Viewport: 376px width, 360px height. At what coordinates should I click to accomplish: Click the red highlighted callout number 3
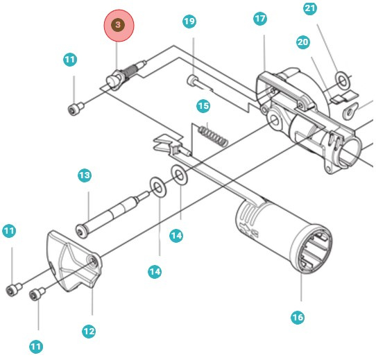[118, 25]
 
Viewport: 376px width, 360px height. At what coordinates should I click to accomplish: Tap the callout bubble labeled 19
[189, 22]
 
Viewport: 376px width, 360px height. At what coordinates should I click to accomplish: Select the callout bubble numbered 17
[260, 19]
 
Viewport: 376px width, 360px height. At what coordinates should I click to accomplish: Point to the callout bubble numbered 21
[310, 8]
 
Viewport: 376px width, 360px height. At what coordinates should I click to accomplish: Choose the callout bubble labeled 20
[302, 42]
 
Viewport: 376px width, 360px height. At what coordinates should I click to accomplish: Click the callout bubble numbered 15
[203, 106]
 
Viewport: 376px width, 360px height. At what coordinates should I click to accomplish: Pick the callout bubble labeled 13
[84, 176]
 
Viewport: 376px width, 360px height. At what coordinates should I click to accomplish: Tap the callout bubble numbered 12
[88, 331]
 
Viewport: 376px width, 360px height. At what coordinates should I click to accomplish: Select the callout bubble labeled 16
[297, 318]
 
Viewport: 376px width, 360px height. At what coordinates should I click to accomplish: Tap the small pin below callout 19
[198, 85]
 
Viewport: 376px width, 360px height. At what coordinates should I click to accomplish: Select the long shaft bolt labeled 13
[111, 212]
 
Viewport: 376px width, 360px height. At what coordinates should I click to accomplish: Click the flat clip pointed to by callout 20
[341, 98]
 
